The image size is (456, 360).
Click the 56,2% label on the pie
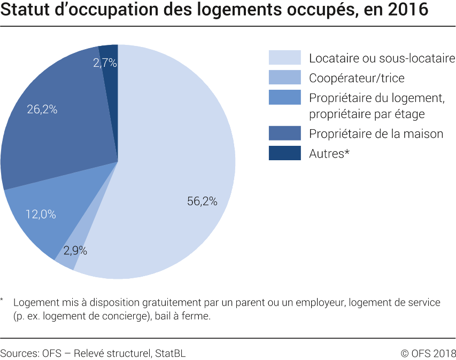coord(202,201)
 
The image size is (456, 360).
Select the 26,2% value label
coord(42,109)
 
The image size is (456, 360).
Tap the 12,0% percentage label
coord(41,214)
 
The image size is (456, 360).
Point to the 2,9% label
coord(75,250)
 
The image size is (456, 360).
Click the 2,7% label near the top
coord(105,63)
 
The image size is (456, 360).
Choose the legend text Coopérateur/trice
coord(357,78)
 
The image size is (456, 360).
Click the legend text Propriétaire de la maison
coord(376,134)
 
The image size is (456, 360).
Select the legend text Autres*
coord(329,154)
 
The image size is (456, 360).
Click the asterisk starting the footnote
coord(3,301)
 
